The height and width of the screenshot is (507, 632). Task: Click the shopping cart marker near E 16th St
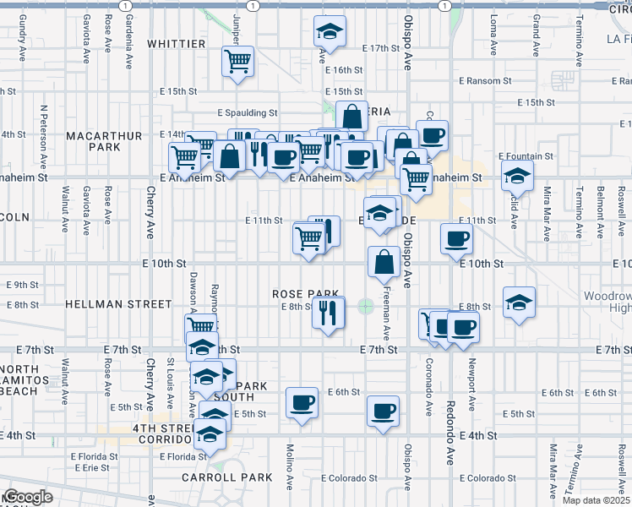pyautogui.click(x=239, y=61)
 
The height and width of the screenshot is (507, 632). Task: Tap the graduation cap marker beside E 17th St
pyautogui.click(x=330, y=32)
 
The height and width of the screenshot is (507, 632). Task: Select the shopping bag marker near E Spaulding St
pyautogui.click(x=351, y=117)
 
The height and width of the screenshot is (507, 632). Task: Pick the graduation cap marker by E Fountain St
pyautogui.click(x=517, y=177)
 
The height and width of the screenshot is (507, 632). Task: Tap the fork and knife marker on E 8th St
pyautogui.click(x=328, y=312)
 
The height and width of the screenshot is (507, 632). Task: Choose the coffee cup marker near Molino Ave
pyautogui.click(x=302, y=402)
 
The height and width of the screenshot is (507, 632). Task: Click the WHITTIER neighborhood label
pyautogui.click(x=177, y=44)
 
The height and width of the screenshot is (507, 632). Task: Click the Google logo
pyautogui.click(x=27, y=497)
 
